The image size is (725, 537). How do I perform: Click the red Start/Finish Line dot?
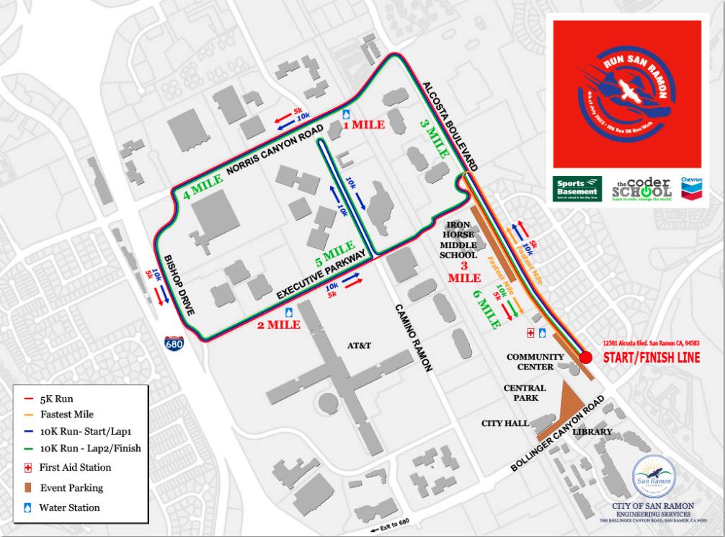585,357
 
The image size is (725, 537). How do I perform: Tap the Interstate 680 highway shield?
174,341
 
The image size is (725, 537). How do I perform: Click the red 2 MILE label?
279,324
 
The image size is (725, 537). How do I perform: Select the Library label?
592,432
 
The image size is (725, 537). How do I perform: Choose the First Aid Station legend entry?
75,468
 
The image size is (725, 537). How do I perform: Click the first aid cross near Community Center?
530,332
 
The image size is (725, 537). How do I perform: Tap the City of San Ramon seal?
651,475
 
